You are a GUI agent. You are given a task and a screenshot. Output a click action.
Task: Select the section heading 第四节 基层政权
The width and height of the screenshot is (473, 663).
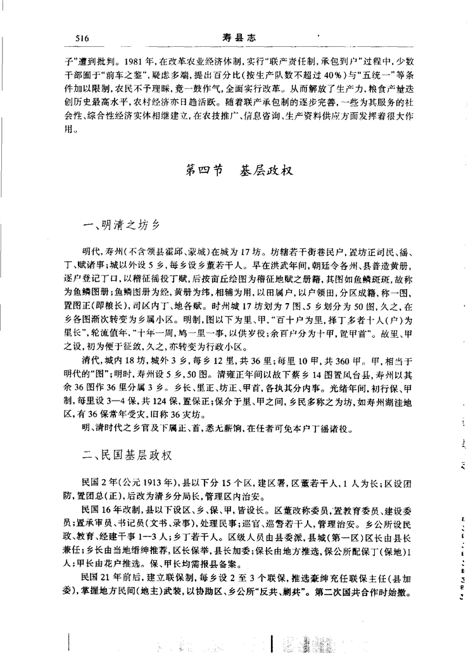(237, 170)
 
